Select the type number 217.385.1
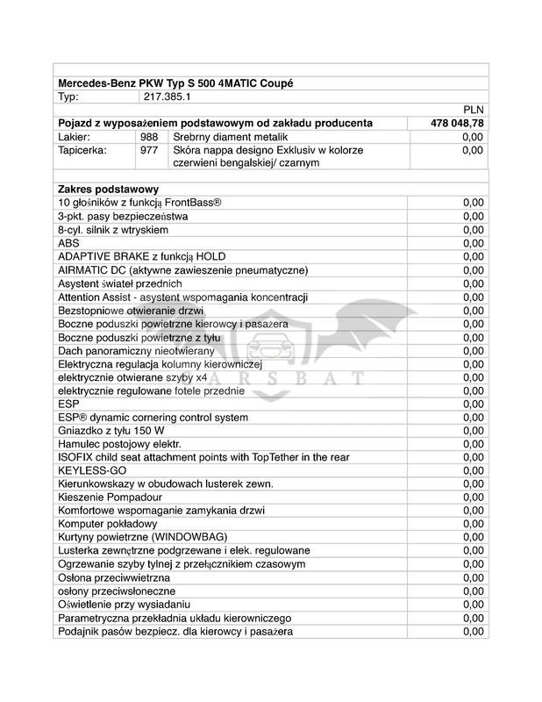click(x=168, y=97)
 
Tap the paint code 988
click(x=149, y=138)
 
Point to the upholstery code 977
click(x=149, y=151)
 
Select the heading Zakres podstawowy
click(x=108, y=190)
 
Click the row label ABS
click(x=68, y=243)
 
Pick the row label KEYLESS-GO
click(x=92, y=470)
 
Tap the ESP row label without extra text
click(x=68, y=404)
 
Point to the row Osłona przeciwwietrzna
click(x=114, y=577)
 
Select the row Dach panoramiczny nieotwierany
click(x=136, y=350)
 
